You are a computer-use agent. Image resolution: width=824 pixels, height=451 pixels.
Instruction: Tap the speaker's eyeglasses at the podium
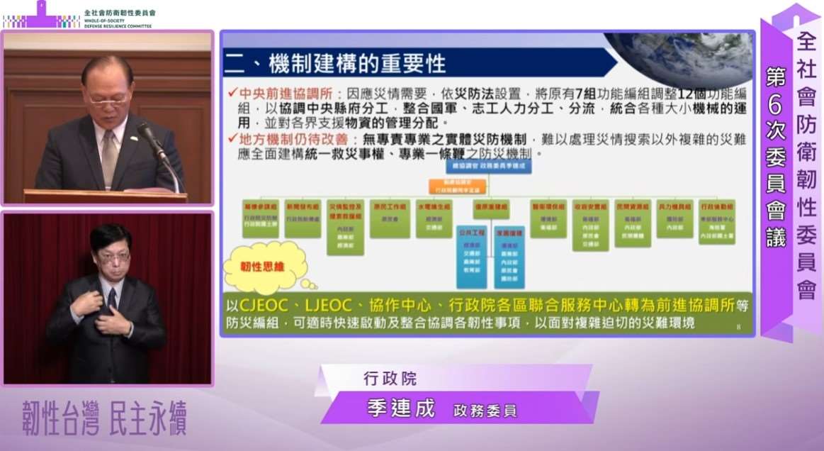[x=107, y=101]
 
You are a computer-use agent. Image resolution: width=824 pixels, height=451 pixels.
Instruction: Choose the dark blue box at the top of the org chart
[x=488, y=167]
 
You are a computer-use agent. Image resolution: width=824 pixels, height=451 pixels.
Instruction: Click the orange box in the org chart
[x=487, y=186]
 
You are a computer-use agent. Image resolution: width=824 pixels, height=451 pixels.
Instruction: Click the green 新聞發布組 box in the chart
[x=303, y=216]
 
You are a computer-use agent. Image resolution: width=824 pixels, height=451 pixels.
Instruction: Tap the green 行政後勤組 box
[x=716, y=221]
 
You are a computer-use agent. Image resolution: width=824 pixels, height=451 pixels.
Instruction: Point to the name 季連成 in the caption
[x=400, y=409]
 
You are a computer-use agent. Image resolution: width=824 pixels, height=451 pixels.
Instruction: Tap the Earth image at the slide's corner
[x=681, y=57]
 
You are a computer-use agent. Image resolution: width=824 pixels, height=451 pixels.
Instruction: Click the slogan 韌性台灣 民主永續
[x=104, y=420]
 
